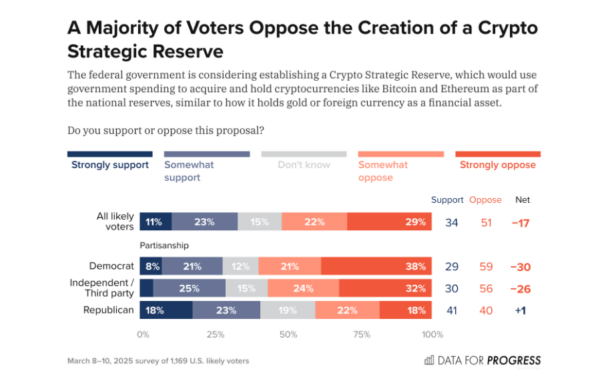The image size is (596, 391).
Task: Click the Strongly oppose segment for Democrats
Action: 376,266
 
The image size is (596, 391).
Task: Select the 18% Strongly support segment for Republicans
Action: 166,310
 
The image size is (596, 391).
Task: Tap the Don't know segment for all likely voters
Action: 260,222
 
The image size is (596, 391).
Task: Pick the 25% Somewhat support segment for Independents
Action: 190,288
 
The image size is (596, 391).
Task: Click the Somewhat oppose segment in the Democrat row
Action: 290,266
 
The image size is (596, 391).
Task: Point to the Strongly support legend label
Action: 110,165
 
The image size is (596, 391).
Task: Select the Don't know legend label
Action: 304,165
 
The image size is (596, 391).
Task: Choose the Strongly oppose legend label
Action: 497,165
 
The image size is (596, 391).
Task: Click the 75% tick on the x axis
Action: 360,334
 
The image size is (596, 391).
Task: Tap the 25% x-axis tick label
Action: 215,334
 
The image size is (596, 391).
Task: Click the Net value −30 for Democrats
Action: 519,266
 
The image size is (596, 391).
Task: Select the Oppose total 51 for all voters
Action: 486,222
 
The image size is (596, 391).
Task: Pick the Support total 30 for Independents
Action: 452,288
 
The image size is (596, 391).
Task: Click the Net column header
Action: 523,200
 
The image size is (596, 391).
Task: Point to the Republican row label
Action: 108,310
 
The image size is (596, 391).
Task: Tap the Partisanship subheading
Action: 164,246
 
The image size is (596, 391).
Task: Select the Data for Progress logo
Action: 483,360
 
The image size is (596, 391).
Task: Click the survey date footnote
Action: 158,361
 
